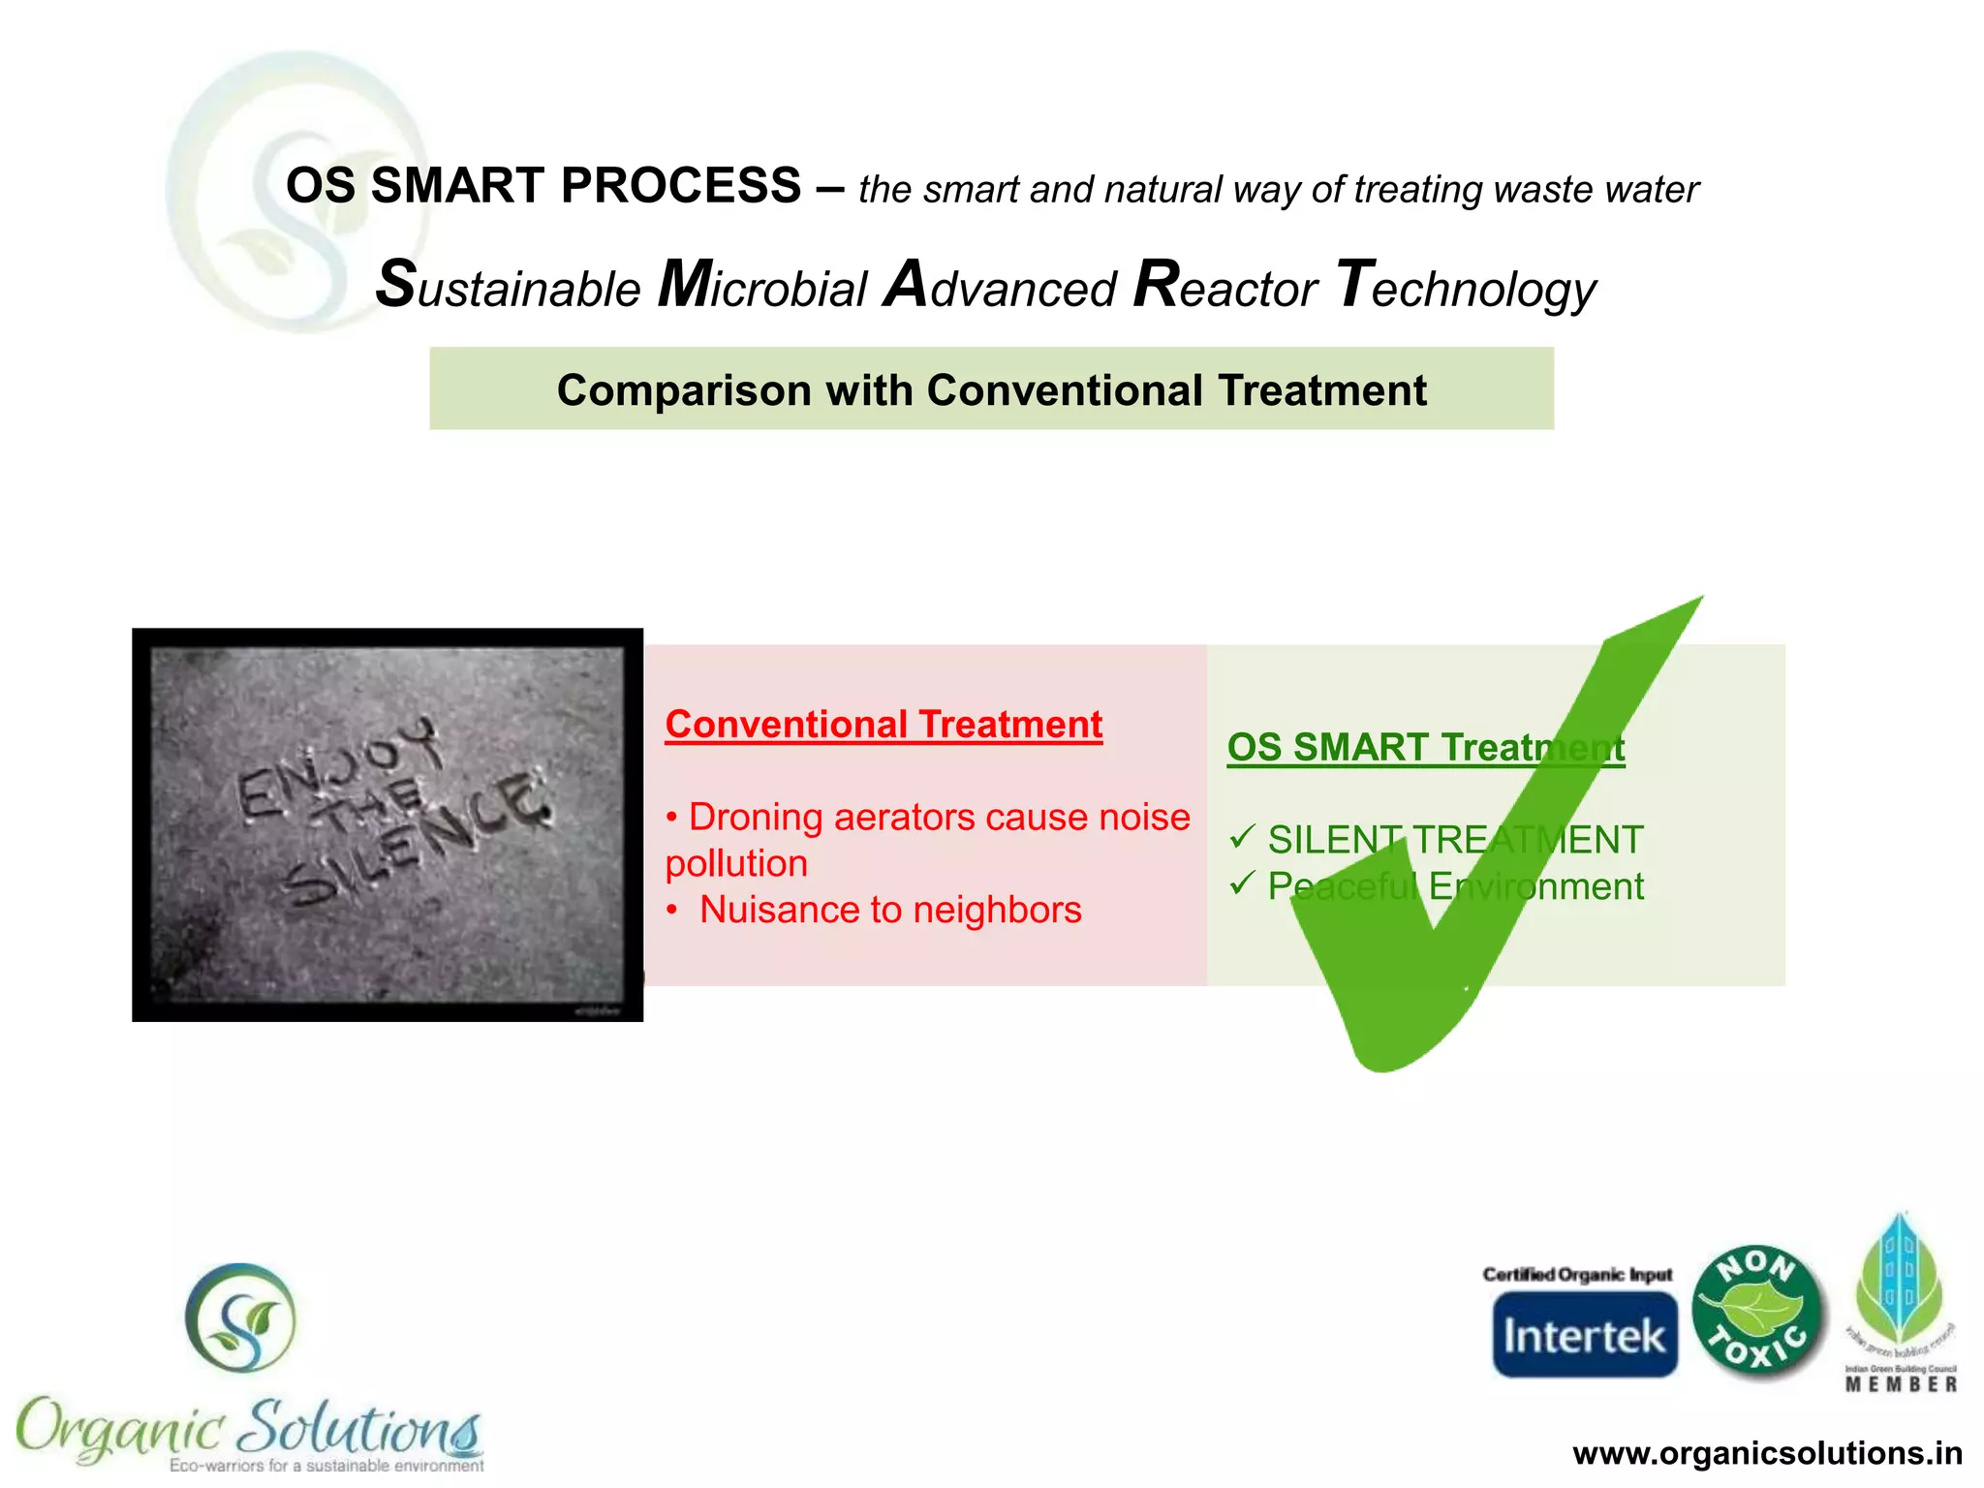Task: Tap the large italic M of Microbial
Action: [686, 285]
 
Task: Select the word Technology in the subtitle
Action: [1465, 288]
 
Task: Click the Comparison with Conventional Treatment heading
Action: [991, 390]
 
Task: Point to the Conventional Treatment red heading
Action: [883, 725]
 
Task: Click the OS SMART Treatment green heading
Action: [1425, 747]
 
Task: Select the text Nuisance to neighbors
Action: [889, 910]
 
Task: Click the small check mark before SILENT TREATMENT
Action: [1242, 836]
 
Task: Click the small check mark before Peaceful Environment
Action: [1242, 883]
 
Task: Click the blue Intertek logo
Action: [1584, 1335]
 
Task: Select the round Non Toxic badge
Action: [1756, 1311]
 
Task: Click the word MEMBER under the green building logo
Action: [1901, 1384]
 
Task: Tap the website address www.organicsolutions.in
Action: [1767, 1453]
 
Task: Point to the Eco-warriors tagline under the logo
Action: [326, 1466]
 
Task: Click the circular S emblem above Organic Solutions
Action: [240, 1317]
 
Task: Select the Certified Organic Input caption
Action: [1577, 1274]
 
